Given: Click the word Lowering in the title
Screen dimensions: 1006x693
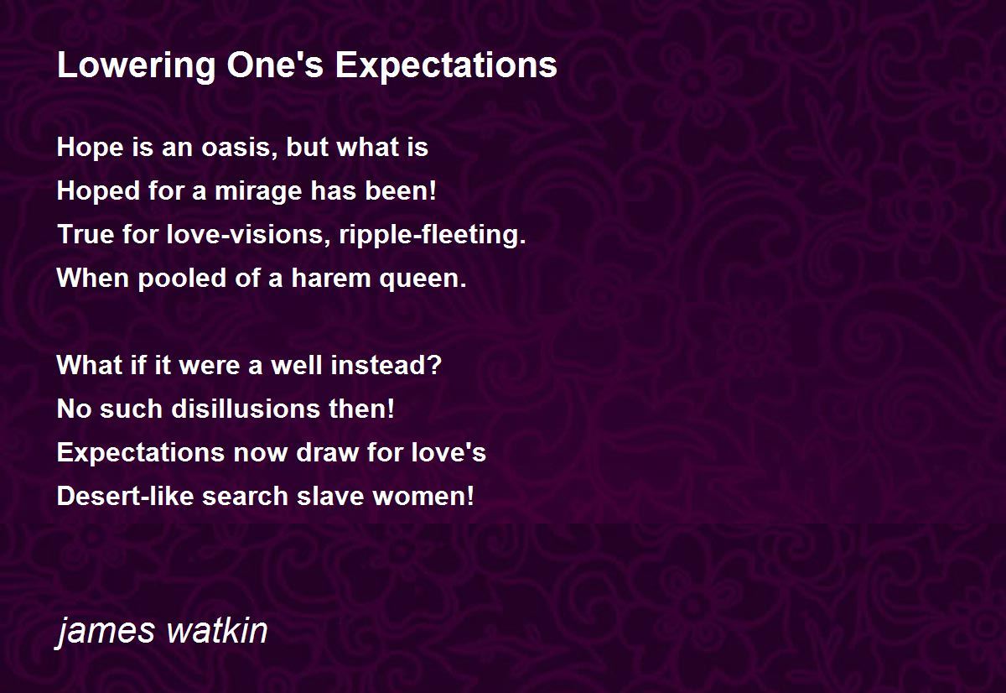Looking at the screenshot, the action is [137, 66].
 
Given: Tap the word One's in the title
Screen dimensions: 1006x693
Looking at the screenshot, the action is [275, 65].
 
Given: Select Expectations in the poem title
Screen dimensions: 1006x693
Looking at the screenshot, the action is [446, 66].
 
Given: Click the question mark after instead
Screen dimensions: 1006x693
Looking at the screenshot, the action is [435, 365].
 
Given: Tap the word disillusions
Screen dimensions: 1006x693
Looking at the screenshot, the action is [246, 409].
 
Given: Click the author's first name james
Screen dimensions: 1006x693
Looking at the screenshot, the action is [105, 631].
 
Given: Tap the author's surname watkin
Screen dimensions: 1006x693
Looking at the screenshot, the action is [217, 630].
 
